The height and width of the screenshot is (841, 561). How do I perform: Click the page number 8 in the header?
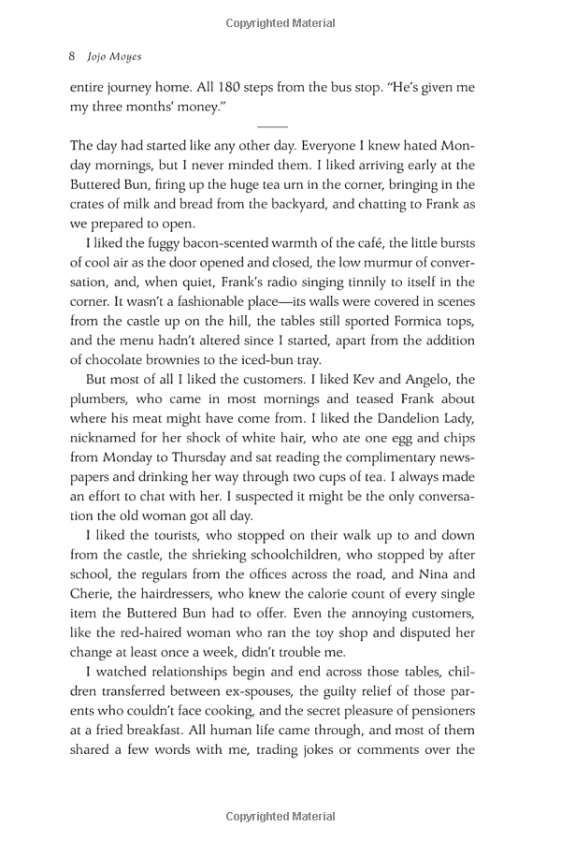point(73,55)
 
